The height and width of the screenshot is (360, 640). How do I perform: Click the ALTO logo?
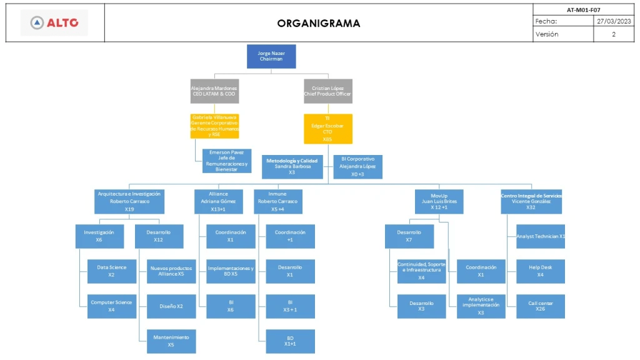click(55, 23)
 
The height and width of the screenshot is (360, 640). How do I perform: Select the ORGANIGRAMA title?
click(319, 24)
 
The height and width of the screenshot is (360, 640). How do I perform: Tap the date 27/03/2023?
click(614, 21)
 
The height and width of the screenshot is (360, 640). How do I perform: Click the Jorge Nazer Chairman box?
click(271, 56)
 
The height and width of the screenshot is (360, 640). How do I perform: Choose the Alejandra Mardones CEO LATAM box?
click(214, 91)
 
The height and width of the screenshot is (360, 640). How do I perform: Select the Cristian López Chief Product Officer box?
click(328, 91)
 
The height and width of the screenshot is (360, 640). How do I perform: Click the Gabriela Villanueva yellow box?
click(214, 126)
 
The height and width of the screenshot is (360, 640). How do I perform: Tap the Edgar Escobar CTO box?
click(328, 129)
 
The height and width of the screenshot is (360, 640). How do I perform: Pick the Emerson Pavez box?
click(227, 161)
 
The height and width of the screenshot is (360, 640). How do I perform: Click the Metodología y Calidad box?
click(292, 167)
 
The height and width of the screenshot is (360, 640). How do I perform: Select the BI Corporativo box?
click(357, 167)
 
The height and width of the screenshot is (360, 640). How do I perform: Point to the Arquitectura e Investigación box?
click(129, 201)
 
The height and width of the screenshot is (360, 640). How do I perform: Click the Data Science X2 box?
click(111, 271)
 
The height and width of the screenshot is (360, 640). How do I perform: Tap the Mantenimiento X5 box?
click(171, 341)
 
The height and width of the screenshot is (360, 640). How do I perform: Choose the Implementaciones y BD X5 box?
click(231, 271)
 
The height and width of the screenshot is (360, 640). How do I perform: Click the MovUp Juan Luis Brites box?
click(439, 201)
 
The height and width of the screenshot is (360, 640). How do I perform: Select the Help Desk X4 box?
click(541, 271)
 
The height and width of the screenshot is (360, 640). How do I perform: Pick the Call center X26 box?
click(541, 306)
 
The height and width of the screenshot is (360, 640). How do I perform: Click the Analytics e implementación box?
click(481, 306)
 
